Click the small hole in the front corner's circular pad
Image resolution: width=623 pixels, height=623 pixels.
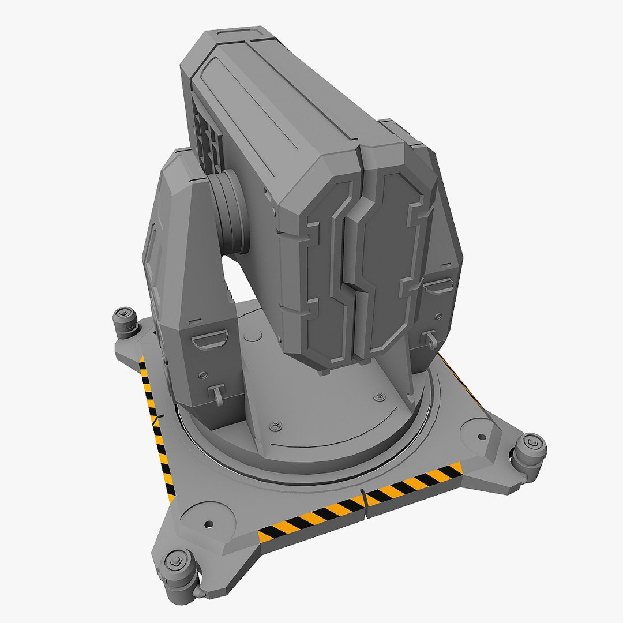coord(208,525)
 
